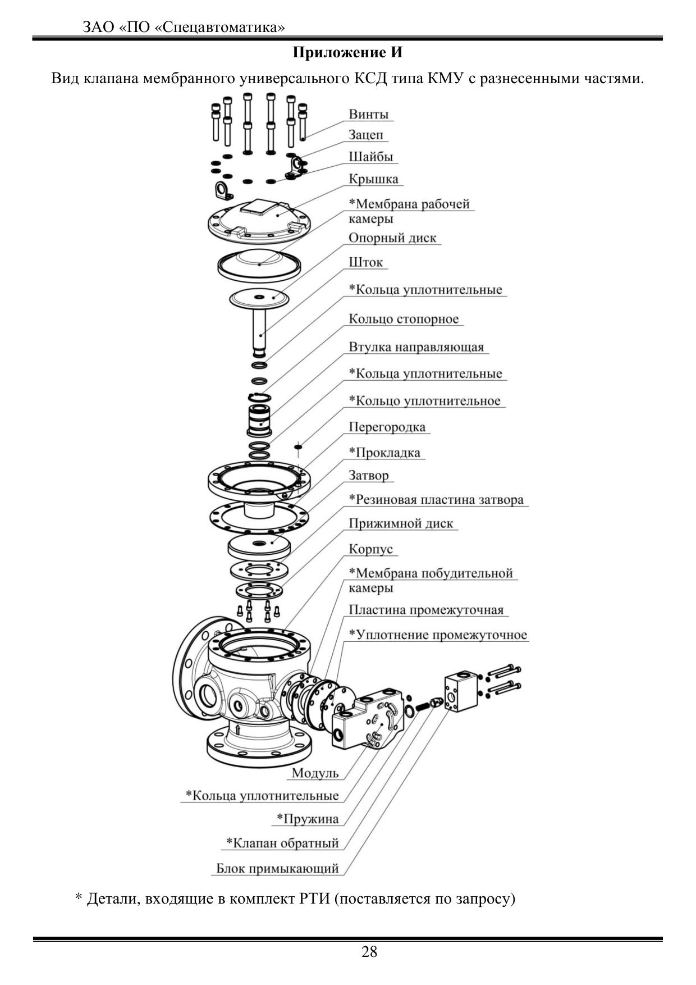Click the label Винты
(368, 114)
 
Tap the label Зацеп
(366, 135)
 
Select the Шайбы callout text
(370, 157)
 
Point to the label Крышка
(373, 179)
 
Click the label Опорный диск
(392, 238)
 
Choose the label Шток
(365, 262)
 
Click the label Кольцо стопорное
(404, 319)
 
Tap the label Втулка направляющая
(416, 347)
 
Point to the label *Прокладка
(384, 453)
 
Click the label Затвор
(368, 475)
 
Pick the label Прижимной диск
(401, 523)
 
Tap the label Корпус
(370, 549)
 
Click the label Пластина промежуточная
(426, 610)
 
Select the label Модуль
(315, 773)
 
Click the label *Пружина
(308, 819)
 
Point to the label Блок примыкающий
(278, 868)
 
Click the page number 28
(369, 952)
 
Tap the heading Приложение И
(348, 53)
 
